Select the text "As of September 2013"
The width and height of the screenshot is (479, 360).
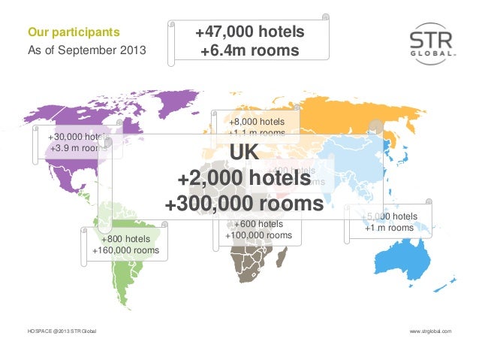(x=86, y=50)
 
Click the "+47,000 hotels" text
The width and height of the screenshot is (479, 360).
(x=249, y=33)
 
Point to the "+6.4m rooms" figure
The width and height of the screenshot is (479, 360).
(x=249, y=51)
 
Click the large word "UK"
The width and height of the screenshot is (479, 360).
(x=244, y=153)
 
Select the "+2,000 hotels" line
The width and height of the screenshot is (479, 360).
(x=244, y=179)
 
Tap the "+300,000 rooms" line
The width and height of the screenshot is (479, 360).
(x=244, y=204)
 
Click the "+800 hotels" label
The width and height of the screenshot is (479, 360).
(x=125, y=239)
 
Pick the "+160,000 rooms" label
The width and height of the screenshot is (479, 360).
(x=125, y=250)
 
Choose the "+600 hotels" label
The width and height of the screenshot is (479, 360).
(x=258, y=224)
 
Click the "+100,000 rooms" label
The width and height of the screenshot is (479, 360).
(x=258, y=235)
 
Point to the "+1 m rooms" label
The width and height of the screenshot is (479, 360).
(x=389, y=228)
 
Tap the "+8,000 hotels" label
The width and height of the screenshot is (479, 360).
(x=258, y=122)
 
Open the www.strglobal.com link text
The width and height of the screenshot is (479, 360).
(x=430, y=331)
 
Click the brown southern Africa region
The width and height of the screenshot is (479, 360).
(x=252, y=267)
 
